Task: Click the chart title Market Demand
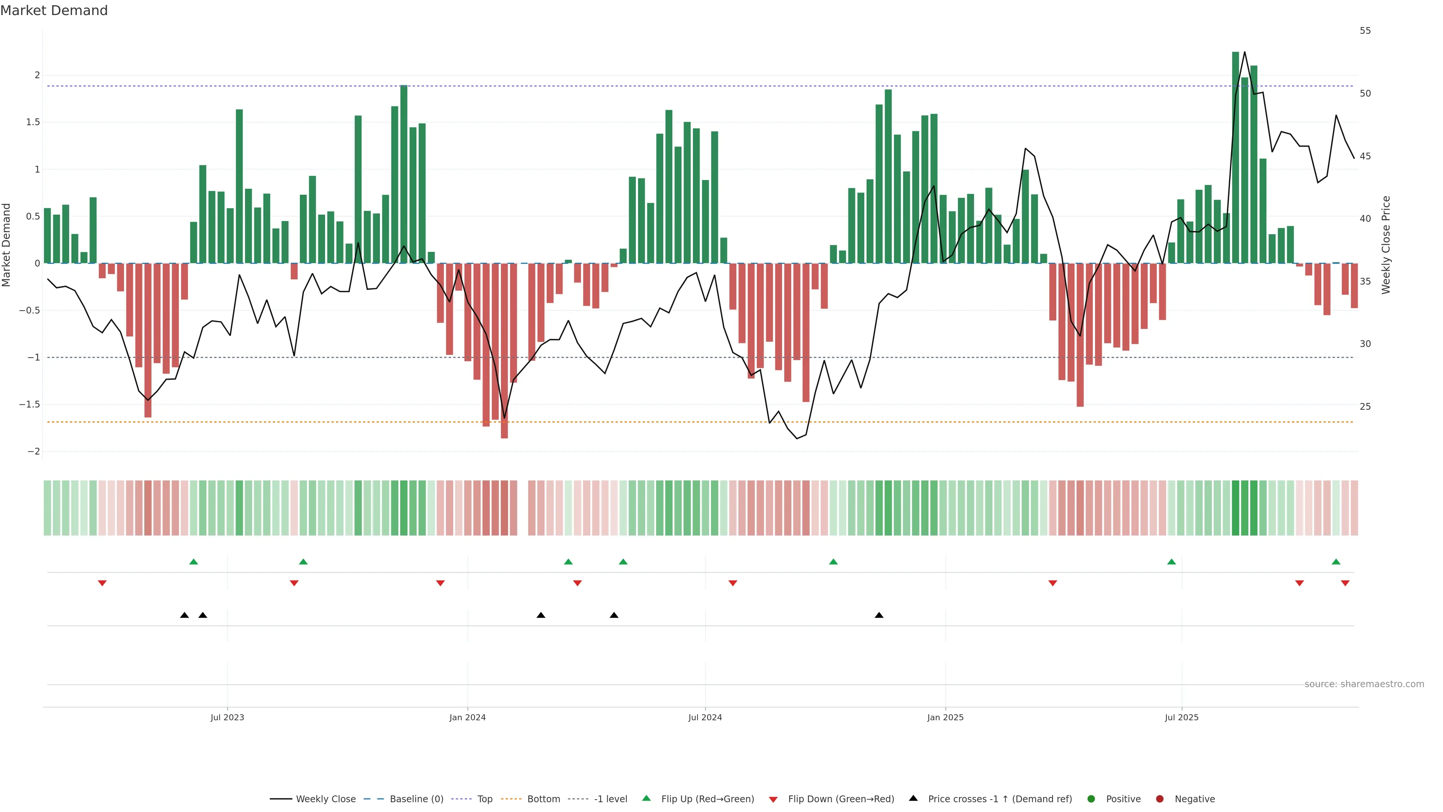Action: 54,11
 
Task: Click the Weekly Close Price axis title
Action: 1386,245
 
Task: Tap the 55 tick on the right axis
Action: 1365,31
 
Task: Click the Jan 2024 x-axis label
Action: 467,717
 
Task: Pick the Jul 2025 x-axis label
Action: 1181,717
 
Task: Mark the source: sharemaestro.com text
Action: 1364,684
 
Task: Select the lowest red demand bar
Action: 504,350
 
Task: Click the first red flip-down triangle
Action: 102,583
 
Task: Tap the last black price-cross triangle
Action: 879,615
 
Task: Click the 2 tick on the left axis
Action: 37,75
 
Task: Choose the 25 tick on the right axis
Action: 1365,407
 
